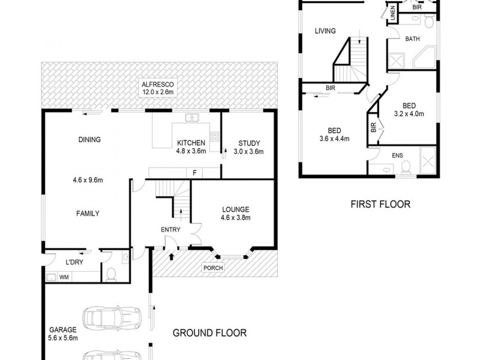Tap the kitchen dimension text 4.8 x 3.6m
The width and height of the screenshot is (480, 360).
(191, 151)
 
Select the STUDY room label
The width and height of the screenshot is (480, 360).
(248, 143)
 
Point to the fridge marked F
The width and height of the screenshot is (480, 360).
(194, 173)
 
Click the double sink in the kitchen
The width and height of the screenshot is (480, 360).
(193, 118)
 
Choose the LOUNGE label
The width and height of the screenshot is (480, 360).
(235, 209)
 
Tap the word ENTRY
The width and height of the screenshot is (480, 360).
(170, 230)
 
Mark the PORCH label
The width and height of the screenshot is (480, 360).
(214, 268)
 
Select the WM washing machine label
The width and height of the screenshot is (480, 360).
(64, 277)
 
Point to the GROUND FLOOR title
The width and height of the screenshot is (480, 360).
(209, 332)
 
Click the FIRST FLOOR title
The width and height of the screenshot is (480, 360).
(380, 205)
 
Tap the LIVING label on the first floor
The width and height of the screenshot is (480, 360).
(323, 31)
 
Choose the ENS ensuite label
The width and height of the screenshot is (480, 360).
(398, 155)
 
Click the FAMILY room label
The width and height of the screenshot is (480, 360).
(88, 213)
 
